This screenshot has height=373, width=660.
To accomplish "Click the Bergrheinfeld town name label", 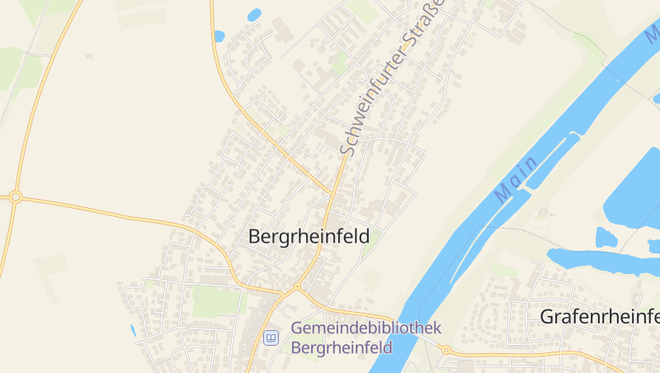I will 309,236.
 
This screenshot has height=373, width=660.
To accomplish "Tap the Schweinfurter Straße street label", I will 391,78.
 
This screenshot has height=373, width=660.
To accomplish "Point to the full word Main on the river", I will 516,179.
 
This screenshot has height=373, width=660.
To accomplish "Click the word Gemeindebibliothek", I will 365,328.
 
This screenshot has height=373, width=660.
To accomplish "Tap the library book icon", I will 271,337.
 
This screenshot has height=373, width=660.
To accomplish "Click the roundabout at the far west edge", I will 15,196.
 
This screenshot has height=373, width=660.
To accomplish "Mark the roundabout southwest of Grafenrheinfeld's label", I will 446,350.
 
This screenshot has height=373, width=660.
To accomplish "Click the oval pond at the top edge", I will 254,14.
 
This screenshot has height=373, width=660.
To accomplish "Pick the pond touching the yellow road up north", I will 219,36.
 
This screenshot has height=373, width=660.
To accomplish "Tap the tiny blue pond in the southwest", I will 132,330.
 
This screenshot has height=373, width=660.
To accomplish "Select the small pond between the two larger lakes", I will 606,238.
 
